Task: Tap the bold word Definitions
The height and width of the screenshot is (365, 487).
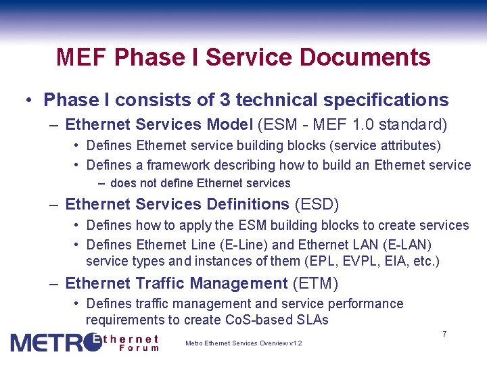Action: click(x=246, y=204)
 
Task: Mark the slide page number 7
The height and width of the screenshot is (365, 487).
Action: click(x=444, y=335)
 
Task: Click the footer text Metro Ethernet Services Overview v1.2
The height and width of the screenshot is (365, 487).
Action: click(x=243, y=343)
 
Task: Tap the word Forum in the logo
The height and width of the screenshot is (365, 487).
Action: click(x=138, y=348)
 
